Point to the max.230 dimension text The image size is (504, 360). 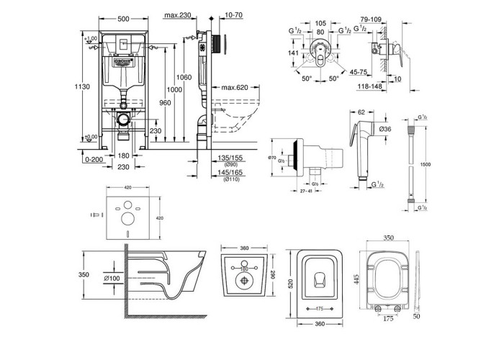click(x=176, y=17)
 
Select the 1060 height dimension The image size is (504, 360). click(x=184, y=77)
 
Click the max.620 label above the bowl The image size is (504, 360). click(x=235, y=88)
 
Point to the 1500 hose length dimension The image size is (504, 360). click(x=427, y=163)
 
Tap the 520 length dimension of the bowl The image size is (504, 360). click(x=291, y=284)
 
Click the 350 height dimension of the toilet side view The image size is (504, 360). click(x=83, y=275)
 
